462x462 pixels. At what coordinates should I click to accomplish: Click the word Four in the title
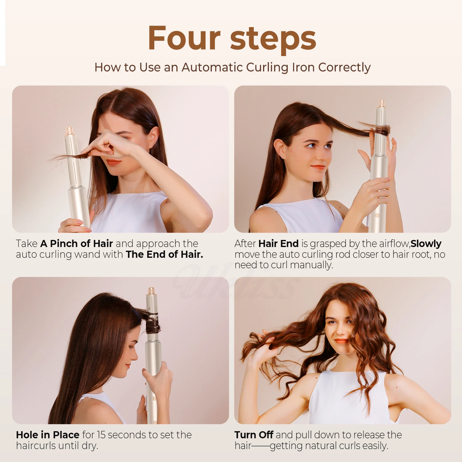(184, 38)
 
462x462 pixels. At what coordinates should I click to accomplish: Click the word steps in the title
(273, 39)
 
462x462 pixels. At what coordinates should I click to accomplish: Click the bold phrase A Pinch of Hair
(76, 244)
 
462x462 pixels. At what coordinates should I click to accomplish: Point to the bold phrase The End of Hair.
(164, 254)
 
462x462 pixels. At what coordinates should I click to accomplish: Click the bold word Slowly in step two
(426, 244)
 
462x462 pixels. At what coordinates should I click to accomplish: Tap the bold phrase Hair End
(278, 244)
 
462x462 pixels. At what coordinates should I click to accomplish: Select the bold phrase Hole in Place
(48, 435)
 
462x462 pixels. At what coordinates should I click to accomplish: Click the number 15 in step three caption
(101, 435)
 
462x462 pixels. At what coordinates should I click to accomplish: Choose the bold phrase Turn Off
(254, 435)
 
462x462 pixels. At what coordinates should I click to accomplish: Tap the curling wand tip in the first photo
(70, 130)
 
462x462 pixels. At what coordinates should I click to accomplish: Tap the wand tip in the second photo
(382, 103)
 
